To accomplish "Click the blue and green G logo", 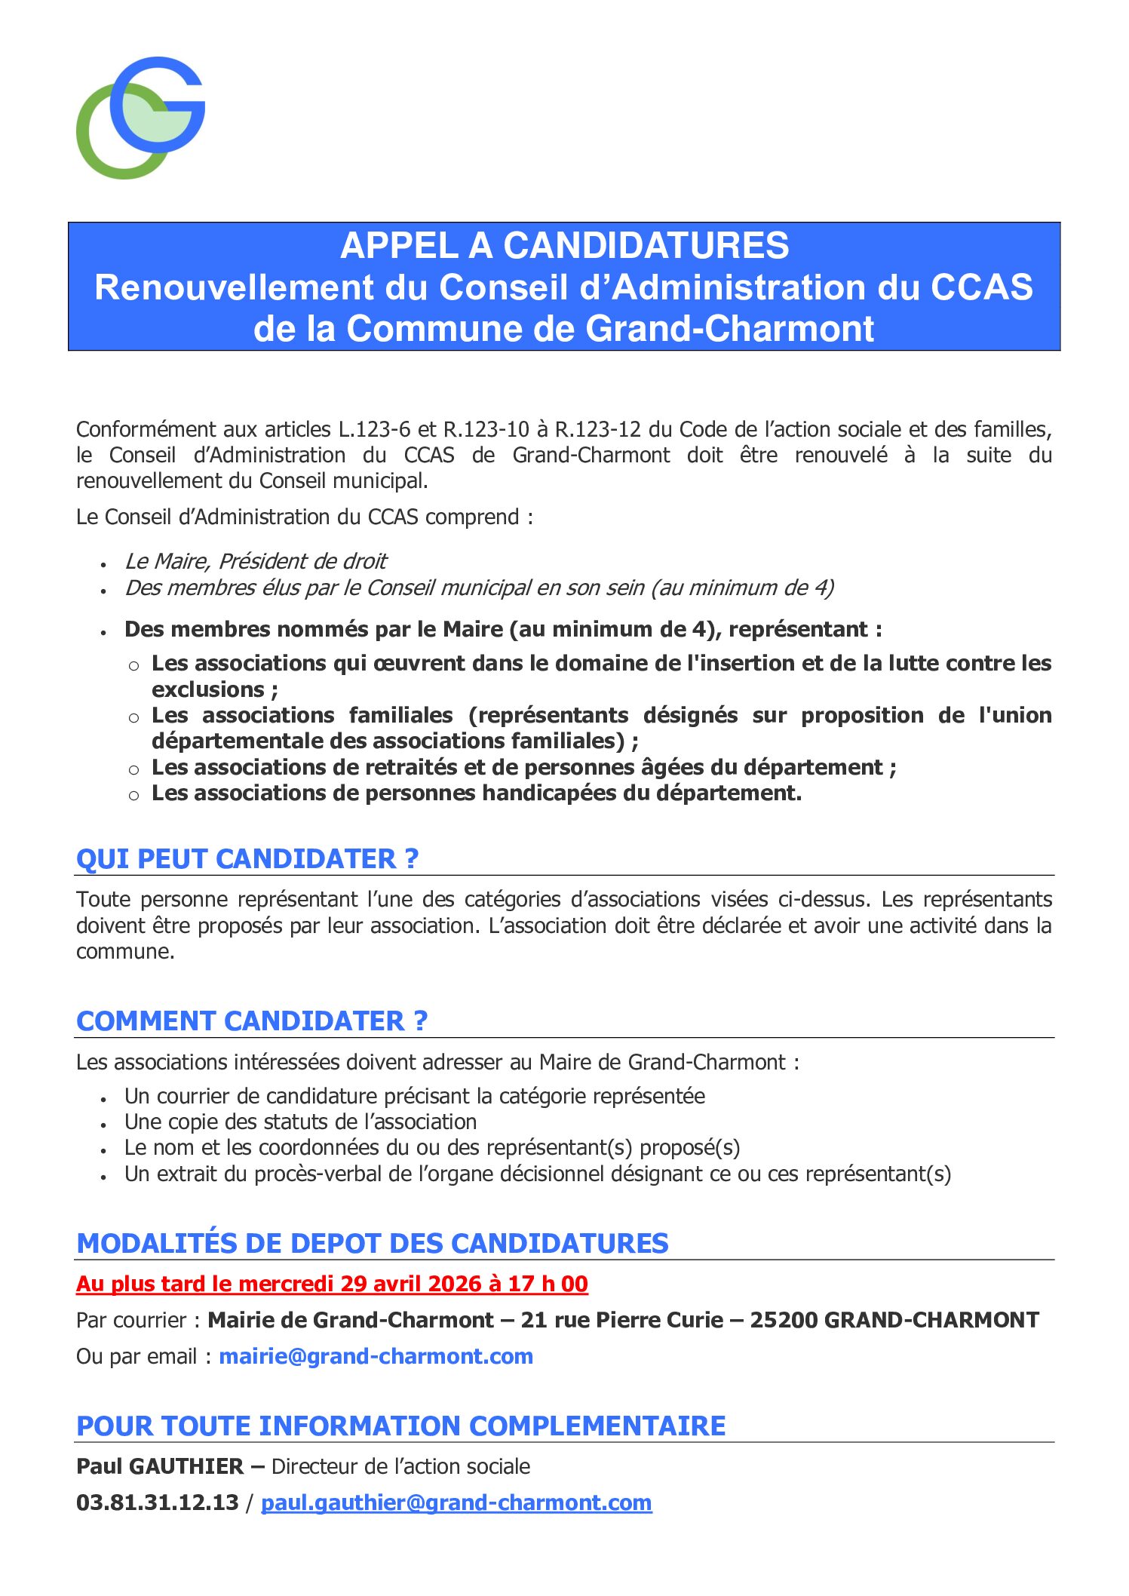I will click(140, 118).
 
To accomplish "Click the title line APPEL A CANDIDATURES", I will click(564, 246).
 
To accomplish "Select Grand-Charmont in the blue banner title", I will click(729, 329).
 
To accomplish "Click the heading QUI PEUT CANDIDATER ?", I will click(247, 859).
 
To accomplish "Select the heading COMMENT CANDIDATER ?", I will click(252, 1021).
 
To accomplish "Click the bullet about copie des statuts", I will click(300, 1122).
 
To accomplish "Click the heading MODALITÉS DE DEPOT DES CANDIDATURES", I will click(373, 1244).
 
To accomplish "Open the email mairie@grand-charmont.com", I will click(376, 1356).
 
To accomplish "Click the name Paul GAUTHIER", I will click(160, 1466).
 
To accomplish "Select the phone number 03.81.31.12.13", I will click(158, 1502).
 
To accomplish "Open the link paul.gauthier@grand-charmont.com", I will click(456, 1502).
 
